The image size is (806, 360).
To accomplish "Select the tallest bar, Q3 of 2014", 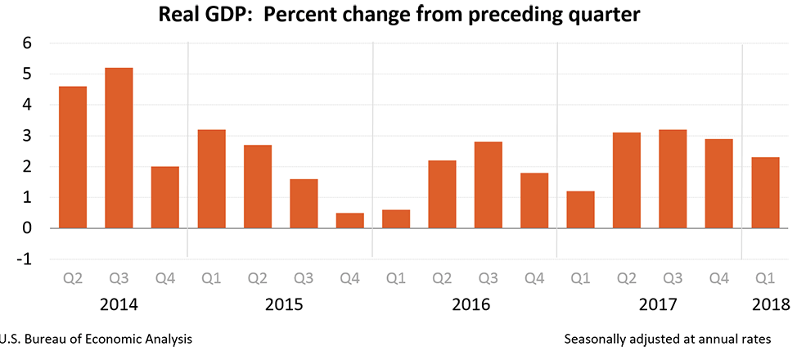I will click(119, 148).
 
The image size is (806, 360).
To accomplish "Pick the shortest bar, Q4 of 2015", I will click(349, 221).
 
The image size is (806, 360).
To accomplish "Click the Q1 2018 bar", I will click(765, 193).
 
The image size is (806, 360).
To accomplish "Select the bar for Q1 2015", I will click(211, 179).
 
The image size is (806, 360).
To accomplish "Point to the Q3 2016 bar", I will click(488, 185).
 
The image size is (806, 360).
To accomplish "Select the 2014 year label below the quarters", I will click(119, 305).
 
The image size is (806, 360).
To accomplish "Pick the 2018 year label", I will click(769, 305).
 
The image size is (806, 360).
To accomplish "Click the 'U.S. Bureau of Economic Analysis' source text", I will click(97, 338).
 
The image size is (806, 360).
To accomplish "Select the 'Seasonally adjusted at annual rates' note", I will click(667, 338).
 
